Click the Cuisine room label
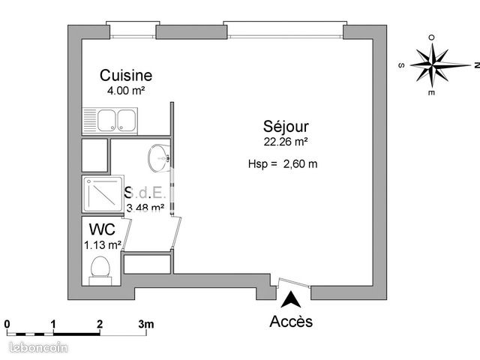[126, 76]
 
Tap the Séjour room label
[285, 126]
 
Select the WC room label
[101, 228]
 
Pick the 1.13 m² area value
[103, 244]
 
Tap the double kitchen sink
[110, 119]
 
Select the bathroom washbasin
[159, 158]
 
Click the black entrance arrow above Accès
[291, 300]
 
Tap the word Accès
[291, 322]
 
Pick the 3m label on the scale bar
[145, 324]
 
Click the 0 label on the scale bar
[7, 324]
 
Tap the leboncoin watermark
[36, 348]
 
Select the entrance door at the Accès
[292, 284]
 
